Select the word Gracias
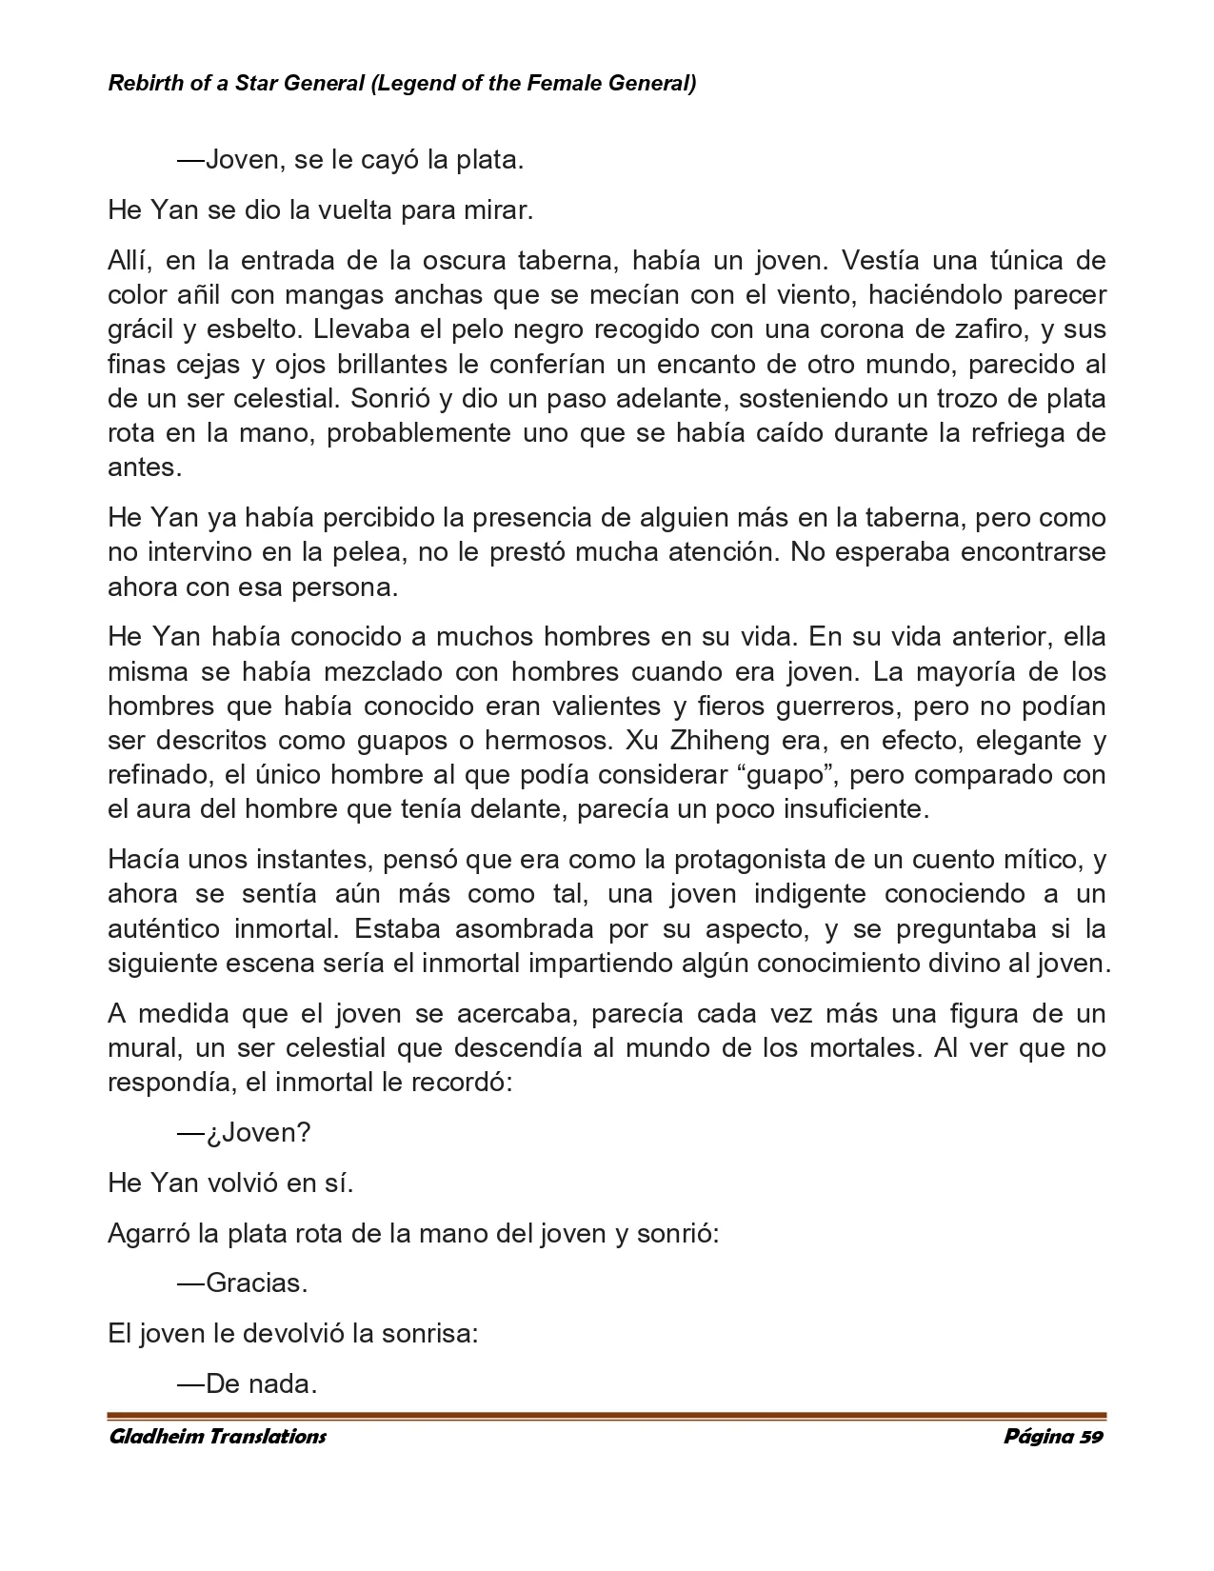click(256, 1283)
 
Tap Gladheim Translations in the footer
click(218, 1437)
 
